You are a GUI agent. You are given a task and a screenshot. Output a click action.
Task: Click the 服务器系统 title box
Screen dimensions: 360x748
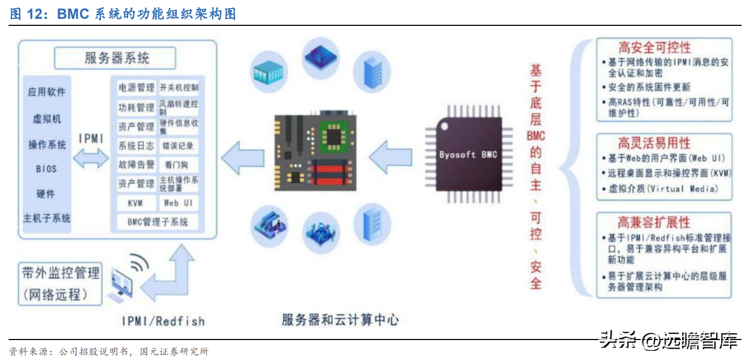[115, 58]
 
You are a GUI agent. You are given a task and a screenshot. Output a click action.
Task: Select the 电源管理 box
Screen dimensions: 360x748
[136, 87]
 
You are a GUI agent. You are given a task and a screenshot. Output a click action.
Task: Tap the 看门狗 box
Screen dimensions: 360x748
[178, 165]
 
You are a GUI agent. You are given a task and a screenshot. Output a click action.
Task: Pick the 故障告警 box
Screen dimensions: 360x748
[136, 165]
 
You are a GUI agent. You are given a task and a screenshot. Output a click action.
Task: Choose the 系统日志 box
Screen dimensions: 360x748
[136, 146]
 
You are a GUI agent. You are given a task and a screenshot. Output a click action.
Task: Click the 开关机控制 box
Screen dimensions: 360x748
[178, 87]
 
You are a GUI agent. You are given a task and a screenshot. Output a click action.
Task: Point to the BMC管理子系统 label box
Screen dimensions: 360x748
[157, 221]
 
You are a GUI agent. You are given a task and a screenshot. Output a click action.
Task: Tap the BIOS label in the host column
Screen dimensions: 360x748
[46, 169]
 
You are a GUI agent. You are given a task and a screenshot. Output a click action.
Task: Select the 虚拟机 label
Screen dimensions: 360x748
[46, 119]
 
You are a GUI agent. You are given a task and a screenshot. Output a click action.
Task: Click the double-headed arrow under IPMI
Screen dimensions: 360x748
[91, 157]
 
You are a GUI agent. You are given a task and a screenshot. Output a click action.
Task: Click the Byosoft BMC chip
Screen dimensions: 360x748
[467, 155]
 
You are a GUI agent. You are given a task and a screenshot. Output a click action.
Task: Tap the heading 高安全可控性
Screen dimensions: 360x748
[654, 47]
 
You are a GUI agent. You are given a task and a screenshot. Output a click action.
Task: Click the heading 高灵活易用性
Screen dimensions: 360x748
[654, 143]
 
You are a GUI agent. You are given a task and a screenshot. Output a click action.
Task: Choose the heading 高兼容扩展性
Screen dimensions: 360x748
[654, 222]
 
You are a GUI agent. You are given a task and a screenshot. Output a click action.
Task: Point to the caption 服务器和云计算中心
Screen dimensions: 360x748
[340, 320]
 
